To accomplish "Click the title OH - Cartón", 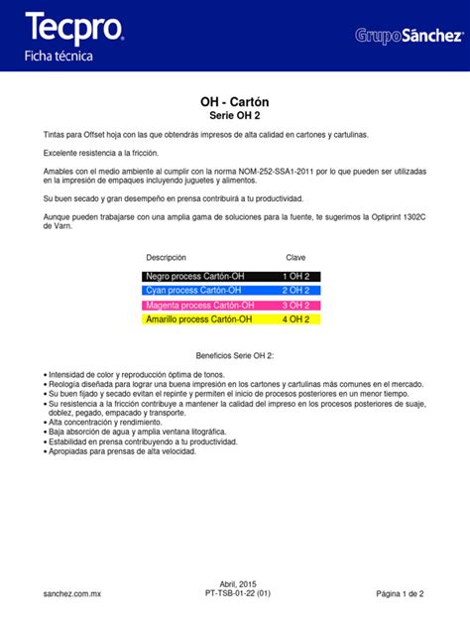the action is point(234,102).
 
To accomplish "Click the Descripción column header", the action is point(166,257).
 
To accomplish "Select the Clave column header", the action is point(295,257).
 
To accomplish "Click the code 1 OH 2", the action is point(295,276).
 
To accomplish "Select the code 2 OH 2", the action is point(295,291).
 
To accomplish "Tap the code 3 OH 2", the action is point(295,306).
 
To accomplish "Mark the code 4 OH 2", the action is point(295,320).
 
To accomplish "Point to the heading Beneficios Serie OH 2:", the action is point(234,355).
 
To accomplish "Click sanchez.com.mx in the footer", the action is point(72,593).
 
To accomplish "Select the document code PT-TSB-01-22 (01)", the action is point(234,593).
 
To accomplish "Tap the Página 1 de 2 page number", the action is point(400,593).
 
